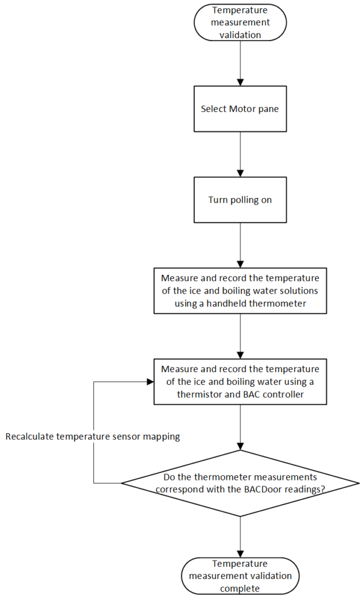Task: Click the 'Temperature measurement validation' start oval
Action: coord(240,22)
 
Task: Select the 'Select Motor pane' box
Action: coord(240,109)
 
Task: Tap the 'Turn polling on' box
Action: coord(240,200)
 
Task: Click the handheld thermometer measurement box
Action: coord(240,291)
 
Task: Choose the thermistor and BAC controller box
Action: coord(240,382)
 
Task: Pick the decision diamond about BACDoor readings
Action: coord(240,483)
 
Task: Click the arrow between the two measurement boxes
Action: coord(240,336)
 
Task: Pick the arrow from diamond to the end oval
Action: coord(240,536)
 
